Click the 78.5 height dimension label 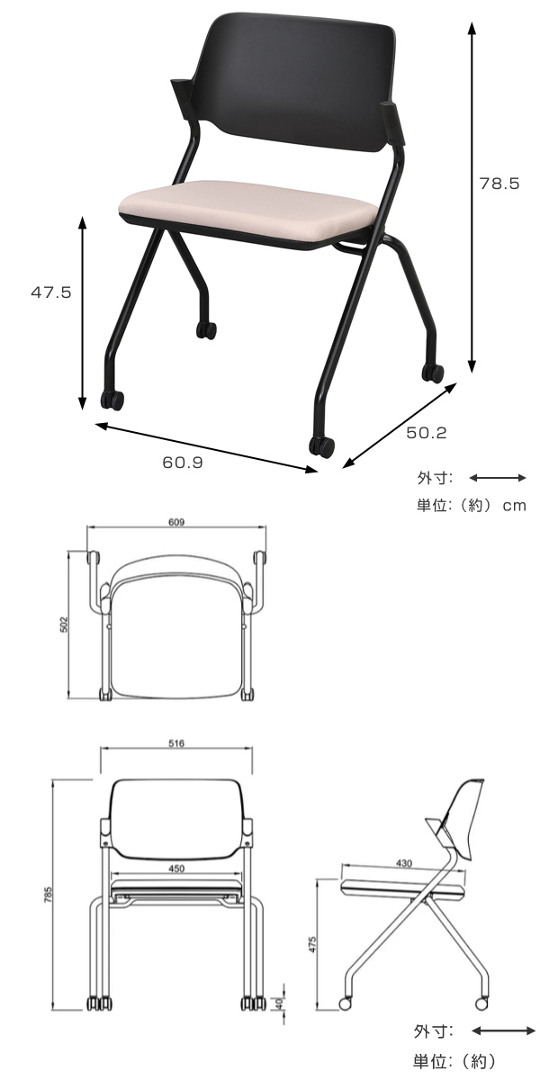(499, 184)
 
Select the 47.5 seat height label (51, 292)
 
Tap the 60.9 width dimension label (183, 463)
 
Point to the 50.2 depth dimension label (426, 433)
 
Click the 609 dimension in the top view (175, 523)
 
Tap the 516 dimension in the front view (176, 744)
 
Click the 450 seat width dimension (176, 868)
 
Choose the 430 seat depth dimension (402, 863)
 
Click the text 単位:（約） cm (471, 506)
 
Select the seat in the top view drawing (176, 639)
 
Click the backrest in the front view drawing (176, 814)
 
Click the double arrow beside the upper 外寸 (498, 478)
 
